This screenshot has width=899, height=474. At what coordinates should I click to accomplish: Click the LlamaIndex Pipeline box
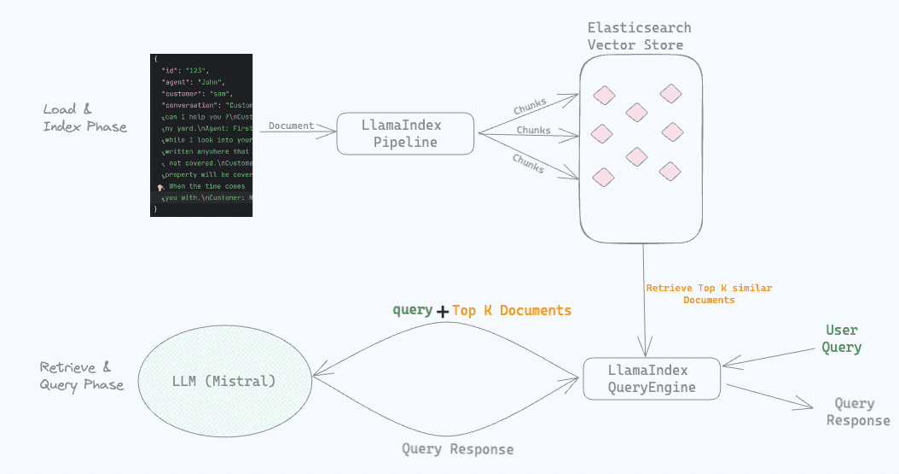405,134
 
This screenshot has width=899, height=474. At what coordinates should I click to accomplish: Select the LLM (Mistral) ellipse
224,381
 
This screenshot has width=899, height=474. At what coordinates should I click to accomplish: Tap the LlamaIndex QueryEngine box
652,378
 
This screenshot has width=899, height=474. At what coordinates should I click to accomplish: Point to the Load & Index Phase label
84,118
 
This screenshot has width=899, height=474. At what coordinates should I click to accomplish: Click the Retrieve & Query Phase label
81,376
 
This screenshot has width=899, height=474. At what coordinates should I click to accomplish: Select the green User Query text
842,339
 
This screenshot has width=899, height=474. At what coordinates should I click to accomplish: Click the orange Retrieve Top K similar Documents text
709,294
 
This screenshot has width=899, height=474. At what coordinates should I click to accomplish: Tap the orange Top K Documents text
512,310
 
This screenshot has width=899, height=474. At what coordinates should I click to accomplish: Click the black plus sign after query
443,312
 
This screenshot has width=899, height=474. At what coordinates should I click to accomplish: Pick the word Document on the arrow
292,126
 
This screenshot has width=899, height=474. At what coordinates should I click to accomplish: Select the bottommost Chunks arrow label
528,163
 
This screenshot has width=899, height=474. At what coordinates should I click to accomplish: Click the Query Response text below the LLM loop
458,449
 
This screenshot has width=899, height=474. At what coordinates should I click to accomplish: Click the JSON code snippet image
201,135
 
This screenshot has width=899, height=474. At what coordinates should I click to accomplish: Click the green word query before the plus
412,310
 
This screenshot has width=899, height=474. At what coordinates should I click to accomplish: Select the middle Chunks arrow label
533,131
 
